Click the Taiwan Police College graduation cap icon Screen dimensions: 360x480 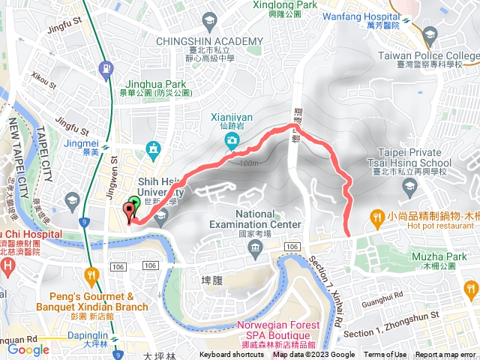[x=430, y=34]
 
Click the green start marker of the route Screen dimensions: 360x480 [x=134, y=202]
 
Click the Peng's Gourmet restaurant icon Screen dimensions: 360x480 [x=92, y=275]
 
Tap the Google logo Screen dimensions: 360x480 [x=28, y=349]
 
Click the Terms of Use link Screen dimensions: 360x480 [x=385, y=355]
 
